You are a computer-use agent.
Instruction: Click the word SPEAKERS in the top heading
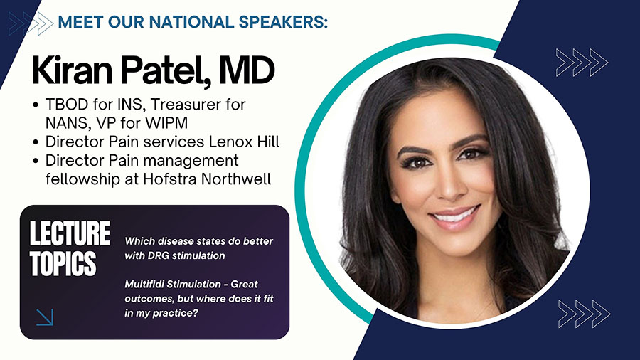point(283,22)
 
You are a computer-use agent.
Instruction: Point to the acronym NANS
point(65,123)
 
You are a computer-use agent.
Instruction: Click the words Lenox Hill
point(244,142)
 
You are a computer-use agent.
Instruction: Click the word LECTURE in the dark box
point(70,233)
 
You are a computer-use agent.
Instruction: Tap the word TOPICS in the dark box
point(63,264)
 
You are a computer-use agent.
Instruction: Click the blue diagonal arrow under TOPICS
point(45,317)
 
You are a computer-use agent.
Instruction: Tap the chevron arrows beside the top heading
point(31,23)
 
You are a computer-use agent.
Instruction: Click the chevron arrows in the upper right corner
point(582,63)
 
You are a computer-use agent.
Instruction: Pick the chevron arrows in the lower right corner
point(584,314)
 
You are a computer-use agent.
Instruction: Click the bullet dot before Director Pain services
point(36,142)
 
